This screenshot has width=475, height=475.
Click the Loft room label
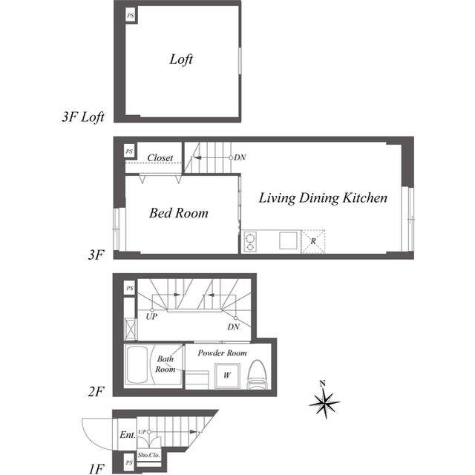coord(181,59)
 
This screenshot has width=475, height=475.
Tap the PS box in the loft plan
coord(131,16)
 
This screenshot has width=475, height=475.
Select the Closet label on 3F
coord(160,157)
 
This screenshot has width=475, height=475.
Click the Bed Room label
coord(178,213)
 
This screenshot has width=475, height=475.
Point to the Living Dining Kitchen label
coord(323,198)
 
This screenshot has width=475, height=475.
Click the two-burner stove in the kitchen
coord(250,241)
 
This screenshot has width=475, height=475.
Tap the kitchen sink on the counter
coord(288,240)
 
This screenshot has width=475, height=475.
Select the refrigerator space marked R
coord(313,241)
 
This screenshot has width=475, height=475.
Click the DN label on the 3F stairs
coord(240,157)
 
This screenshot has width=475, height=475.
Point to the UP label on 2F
coord(151,317)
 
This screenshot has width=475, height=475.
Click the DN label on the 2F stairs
coord(233,327)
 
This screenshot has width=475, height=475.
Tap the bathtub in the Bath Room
coord(137,365)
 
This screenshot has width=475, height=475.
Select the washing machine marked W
coord(227,376)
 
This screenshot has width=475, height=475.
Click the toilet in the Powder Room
coord(257,374)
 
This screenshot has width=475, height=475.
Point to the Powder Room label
coord(222,353)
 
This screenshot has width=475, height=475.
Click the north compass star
coord(324,403)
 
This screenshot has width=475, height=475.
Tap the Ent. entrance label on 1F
coord(128,435)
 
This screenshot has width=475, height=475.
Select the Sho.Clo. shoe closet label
coord(148,455)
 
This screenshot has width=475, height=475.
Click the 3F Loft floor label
coord(83,117)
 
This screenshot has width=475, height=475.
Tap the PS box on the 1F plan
coord(129,462)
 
